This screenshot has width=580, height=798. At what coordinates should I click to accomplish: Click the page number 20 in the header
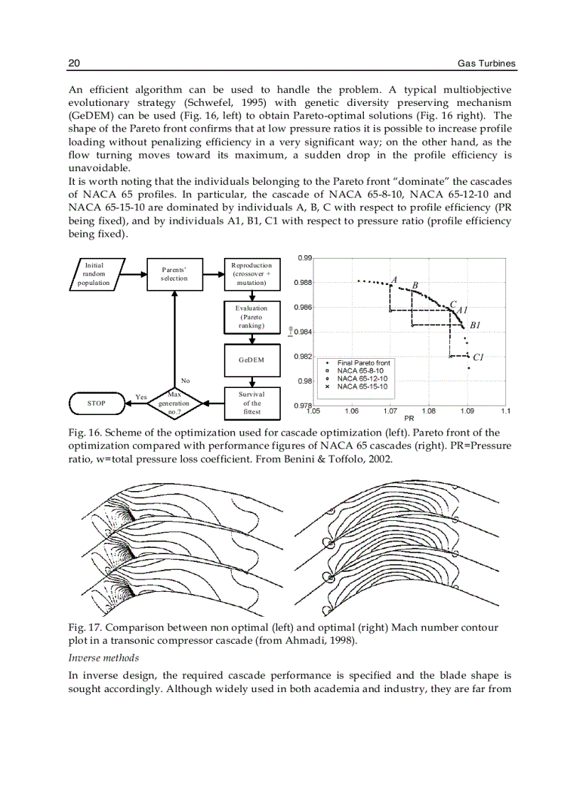tap(74, 64)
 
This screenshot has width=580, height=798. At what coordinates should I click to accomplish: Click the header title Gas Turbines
tap(486, 64)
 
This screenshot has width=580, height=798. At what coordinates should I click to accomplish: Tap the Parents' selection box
tap(174, 274)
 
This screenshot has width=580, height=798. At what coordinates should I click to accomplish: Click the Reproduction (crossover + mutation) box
tap(252, 274)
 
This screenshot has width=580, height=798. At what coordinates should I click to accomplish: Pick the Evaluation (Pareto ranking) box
tap(252, 317)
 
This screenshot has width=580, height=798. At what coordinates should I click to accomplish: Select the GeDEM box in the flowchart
tap(252, 360)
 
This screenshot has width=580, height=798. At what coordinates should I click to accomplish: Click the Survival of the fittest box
tap(252, 403)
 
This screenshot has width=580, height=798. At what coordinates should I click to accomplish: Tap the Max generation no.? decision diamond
tap(174, 403)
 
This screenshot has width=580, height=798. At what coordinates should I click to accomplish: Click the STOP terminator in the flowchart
tap(96, 403)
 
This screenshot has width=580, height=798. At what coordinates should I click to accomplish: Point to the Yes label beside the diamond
tap(141, 397)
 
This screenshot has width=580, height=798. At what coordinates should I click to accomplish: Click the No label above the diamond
tap(186, 381)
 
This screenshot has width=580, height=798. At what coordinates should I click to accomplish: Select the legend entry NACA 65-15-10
tap(362, 387)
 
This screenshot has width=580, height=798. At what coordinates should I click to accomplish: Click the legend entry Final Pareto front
tap(363, 363)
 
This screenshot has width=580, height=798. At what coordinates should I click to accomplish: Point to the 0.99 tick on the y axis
tap(304, 258)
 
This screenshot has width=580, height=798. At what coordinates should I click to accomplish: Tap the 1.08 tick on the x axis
tap(429, 411)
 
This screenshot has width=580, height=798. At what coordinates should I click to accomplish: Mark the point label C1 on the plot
tap(478, 357)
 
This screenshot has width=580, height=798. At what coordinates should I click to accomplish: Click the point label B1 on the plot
tap(475, 325)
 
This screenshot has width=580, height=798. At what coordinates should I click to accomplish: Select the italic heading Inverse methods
tap(103, 658)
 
